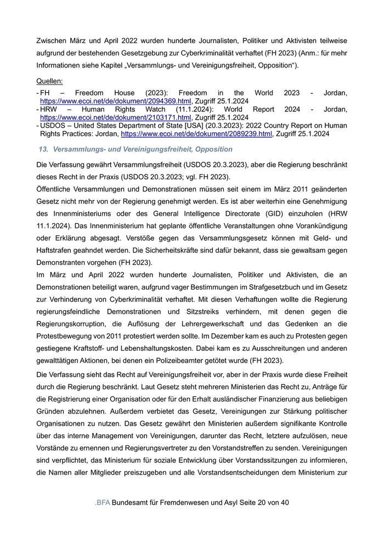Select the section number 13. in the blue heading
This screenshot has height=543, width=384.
pos(44,149)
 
